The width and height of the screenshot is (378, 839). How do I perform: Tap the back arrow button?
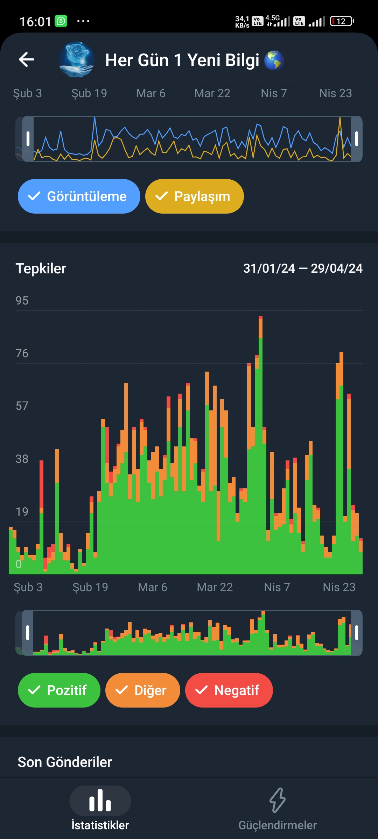point(27,59)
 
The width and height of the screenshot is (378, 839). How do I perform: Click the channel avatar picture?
point(76,59)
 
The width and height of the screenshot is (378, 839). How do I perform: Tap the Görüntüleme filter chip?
point(79,196)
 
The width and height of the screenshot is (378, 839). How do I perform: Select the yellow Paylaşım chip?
point(195,196)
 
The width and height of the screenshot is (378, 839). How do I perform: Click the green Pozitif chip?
point(59,690)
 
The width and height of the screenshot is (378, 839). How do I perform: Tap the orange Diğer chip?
point(143,690)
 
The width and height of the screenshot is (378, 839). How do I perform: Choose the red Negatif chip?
point(229,690)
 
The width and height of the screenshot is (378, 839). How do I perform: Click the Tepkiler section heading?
point(41,268)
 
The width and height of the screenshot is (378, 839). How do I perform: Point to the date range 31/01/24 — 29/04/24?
point(303,268)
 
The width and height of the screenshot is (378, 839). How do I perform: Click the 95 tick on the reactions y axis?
point(22,301)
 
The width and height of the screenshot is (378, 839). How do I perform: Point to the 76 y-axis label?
point(22,353)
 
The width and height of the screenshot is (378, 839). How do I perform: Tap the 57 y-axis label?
point(22,406)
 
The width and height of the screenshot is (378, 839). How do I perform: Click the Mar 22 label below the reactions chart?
point(215,587)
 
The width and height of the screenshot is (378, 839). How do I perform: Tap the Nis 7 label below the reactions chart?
point(277,587)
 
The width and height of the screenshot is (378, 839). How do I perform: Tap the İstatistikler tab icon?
point(100,801)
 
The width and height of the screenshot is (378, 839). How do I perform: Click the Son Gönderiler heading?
point(65,762)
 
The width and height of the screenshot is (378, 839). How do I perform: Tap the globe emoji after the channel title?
point(274,60)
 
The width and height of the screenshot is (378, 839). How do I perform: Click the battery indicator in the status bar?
point(342,21)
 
